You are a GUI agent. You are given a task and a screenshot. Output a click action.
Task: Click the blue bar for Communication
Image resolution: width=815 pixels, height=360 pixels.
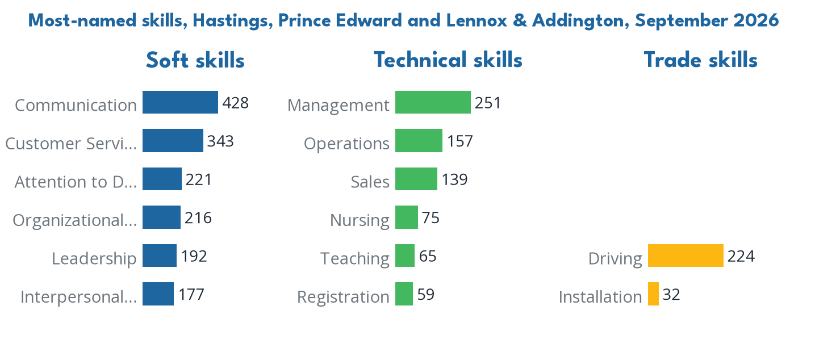[180, 102]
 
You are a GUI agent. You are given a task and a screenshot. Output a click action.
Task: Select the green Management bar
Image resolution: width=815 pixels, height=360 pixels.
[433, 102]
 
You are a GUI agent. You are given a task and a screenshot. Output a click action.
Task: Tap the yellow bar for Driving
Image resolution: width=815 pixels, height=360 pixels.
[686, 256]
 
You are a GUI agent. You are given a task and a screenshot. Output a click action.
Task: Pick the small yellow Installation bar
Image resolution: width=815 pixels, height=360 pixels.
[653, 294]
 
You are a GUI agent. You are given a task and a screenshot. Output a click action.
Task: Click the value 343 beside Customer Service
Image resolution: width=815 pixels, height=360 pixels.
[220, 141]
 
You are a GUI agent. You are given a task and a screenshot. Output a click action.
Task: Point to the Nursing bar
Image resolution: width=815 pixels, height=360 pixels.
[407, 217]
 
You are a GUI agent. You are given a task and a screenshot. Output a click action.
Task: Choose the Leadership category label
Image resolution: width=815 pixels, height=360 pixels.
[94, 258]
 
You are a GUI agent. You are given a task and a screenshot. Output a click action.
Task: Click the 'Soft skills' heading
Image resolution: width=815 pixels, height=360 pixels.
[195, 60]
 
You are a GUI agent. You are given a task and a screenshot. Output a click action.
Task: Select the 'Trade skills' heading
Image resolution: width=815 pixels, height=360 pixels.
[701, 60]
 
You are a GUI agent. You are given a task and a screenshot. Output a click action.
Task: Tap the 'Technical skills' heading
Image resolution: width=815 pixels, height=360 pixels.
[448, 60]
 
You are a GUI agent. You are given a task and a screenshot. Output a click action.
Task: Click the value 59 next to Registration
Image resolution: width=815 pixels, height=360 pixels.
[426, 295]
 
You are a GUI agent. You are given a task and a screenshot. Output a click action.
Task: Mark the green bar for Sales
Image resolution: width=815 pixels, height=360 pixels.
[416, 179]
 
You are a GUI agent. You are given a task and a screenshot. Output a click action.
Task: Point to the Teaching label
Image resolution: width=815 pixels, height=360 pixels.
[355, 258]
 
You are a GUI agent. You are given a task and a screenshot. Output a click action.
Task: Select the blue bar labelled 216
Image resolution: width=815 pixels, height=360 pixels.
[161, 217]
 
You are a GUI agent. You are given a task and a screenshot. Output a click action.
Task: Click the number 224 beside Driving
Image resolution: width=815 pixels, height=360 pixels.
[741, 256]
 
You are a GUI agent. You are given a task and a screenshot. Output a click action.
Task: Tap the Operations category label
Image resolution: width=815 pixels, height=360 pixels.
[347, 144]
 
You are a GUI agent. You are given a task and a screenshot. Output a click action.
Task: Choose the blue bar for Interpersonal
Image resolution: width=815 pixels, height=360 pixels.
[158, 294]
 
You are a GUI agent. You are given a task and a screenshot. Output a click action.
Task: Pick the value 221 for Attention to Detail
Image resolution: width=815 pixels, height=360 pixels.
[199, 179]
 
